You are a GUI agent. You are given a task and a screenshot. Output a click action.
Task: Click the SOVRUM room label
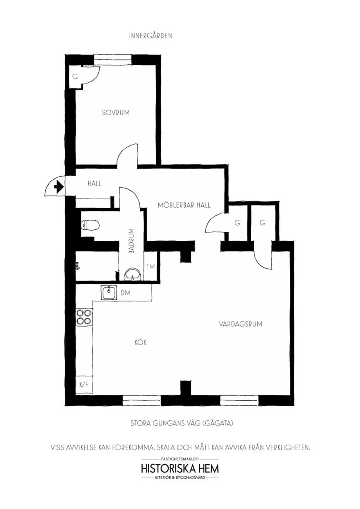116,113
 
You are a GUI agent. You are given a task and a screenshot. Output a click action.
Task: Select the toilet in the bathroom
90,225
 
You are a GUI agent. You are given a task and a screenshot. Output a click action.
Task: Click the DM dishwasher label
126,293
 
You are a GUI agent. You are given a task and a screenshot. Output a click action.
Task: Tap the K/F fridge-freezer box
84,385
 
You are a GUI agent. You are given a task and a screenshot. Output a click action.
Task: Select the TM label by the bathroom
150,267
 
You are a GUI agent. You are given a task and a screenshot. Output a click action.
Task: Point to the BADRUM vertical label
131,241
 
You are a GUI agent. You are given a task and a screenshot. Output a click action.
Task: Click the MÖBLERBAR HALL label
184,205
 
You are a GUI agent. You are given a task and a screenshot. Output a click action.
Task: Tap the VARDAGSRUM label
240,324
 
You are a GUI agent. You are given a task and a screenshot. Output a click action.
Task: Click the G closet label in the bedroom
75,77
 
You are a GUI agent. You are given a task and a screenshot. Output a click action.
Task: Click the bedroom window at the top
113,60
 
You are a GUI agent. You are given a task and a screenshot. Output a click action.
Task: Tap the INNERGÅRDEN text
150,36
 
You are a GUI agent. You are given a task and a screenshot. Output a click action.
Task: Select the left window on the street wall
142,400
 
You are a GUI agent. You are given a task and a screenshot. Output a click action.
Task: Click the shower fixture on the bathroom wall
77,265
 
